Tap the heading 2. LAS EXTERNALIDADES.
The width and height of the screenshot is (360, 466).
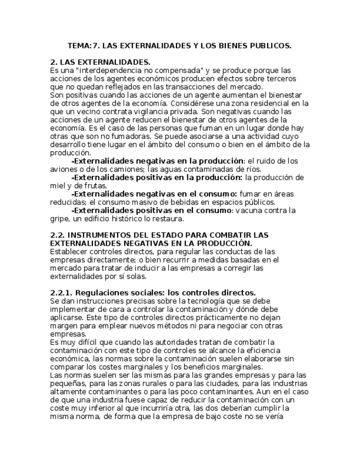click(100, 63)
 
